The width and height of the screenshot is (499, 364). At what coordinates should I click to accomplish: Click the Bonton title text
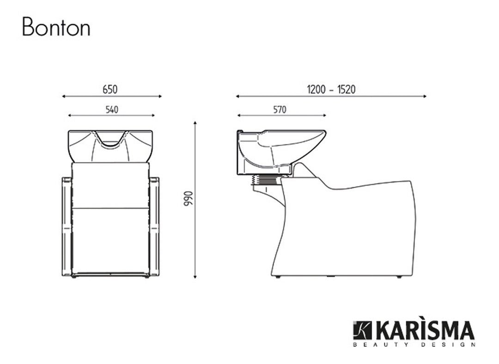click(56, 27)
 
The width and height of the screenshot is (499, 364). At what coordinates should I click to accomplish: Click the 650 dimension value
click(110, 90)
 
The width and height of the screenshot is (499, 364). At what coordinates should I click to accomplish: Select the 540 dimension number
click(111, 109)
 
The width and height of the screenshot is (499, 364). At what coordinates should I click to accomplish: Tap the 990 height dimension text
click(187, 198)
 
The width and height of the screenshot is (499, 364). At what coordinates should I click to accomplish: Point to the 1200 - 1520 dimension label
click(331, 90)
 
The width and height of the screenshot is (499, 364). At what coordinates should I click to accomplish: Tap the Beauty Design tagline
click(413, 344)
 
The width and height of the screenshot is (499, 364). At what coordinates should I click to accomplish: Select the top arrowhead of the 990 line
click(195, 123)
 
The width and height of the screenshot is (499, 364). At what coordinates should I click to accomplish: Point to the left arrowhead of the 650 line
click(64, 96)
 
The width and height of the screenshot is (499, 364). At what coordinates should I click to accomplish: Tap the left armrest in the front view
click(67, 226)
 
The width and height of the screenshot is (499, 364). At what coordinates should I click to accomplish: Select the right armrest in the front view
click(154, 226)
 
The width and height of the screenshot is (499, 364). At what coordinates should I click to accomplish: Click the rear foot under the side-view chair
click(277, 277)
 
